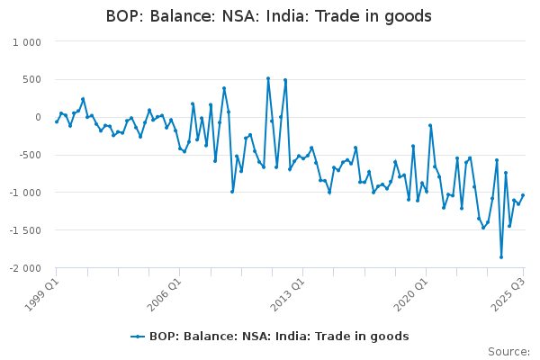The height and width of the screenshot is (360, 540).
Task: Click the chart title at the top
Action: point(269,16)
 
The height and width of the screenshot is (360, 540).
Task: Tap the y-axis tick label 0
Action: point(38,118)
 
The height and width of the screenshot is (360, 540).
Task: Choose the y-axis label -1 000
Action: point(24,193)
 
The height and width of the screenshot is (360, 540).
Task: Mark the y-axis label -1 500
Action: point(24,230)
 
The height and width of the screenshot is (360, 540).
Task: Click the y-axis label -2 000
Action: point(24,268)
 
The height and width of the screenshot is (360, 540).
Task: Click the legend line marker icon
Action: point(138,337)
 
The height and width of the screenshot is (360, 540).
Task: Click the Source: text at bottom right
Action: point(508,352)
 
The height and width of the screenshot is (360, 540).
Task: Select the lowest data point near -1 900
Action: point(501,257)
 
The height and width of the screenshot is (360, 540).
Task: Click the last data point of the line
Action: point(523,195)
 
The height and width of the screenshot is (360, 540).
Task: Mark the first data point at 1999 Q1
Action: point(56,121)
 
